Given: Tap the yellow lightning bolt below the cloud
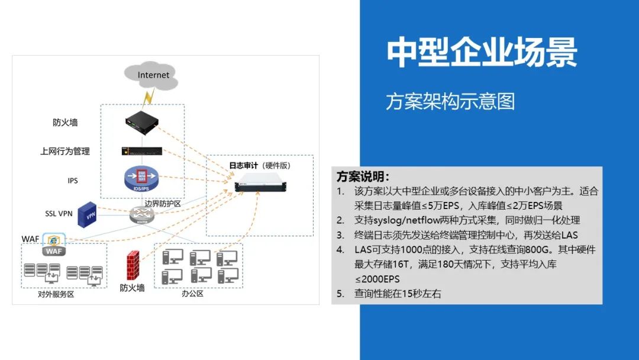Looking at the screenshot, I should pos(147,97).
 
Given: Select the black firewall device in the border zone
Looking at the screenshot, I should pos(143,123).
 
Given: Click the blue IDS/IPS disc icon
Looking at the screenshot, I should pos(141,177).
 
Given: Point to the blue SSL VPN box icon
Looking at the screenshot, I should pos(88,214).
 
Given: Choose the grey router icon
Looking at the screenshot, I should pos(141,216).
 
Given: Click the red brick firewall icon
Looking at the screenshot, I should pos(133,267).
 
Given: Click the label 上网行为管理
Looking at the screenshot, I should pos(65,152).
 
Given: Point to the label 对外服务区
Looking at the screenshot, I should pos(56,294).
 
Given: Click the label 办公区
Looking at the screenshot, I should pos(193,293).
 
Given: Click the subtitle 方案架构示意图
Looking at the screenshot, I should pos(450,101).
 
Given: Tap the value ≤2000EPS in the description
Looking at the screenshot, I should pos(377,279).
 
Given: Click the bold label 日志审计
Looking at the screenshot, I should pos(243,165).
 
